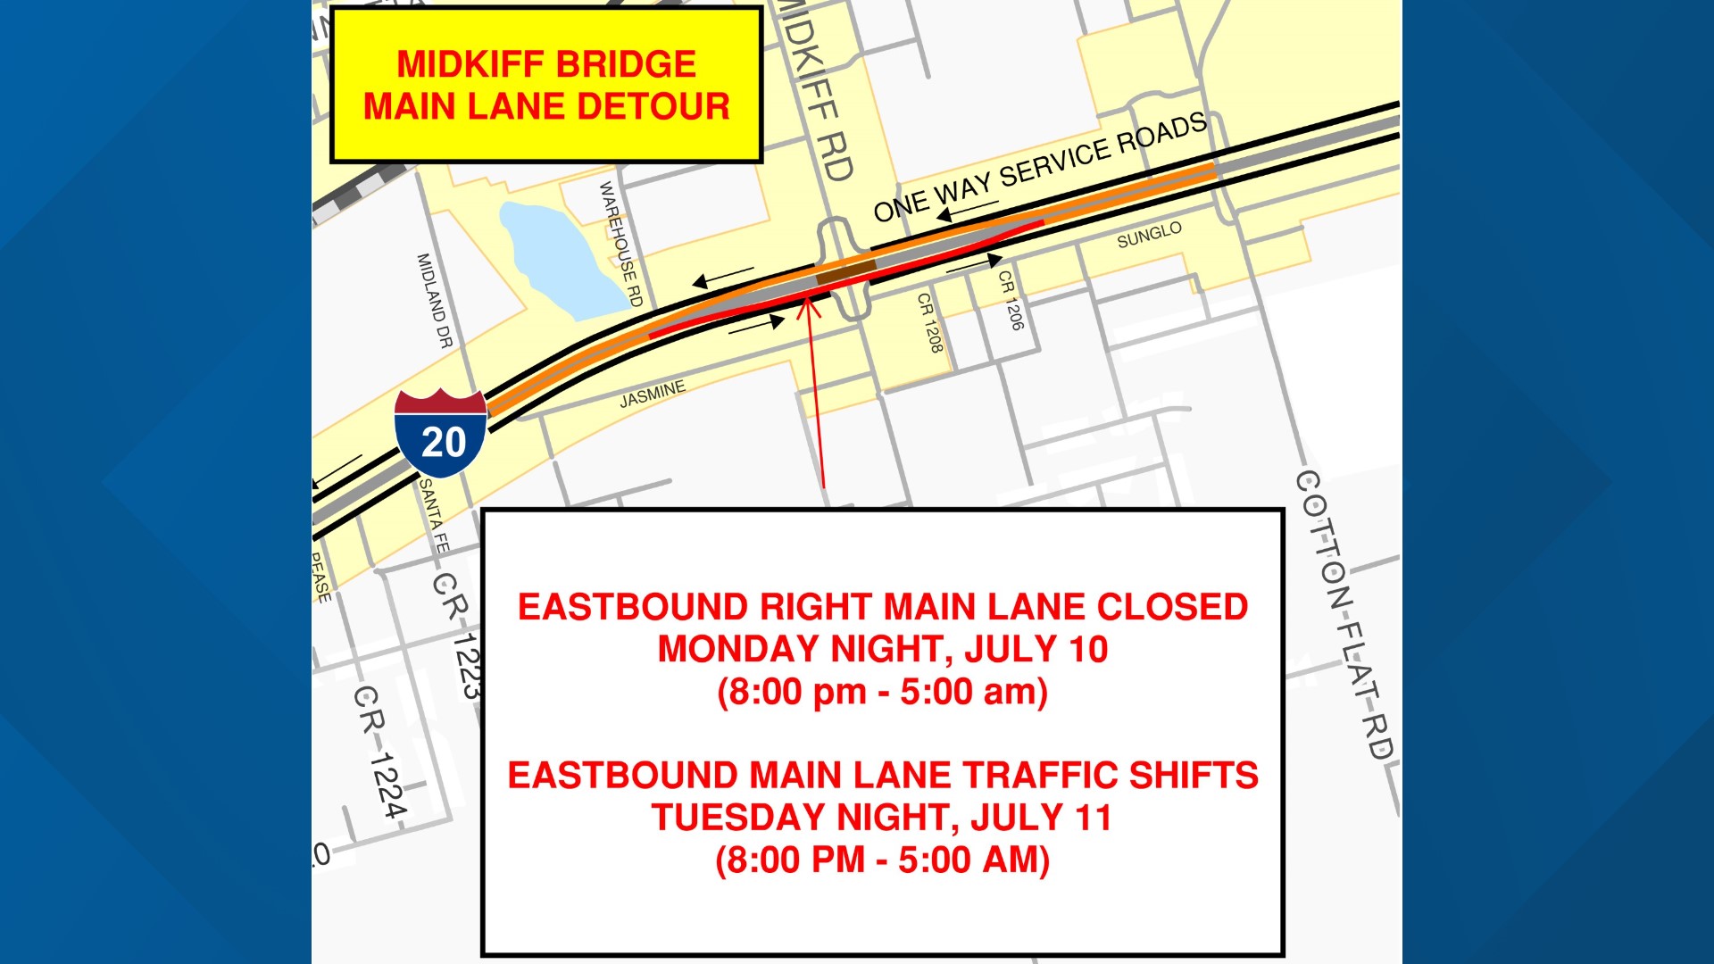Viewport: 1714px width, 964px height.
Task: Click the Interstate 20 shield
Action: click(441, 434)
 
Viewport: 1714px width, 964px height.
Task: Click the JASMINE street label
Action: click(653, 394)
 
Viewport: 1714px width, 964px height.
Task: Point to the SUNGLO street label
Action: click(1149, 235)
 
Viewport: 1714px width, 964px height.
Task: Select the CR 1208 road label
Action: click(930, 322)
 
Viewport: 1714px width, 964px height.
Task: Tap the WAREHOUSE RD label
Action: click(620, 244)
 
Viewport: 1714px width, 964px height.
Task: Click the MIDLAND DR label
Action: click(435, 300)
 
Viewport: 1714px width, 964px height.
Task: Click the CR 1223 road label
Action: click(461, 635)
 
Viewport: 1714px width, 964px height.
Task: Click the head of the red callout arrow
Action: click(808, 305)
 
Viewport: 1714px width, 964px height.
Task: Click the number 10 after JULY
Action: click(1088, 649)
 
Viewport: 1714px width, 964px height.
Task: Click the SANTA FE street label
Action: click(434, 515)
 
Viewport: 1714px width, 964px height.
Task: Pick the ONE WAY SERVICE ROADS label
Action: click(1040, 167)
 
